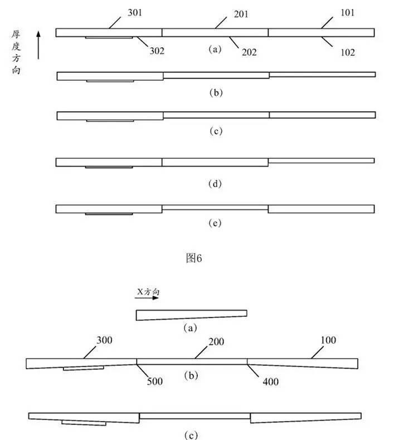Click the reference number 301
135,13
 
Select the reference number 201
241,14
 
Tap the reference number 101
348,13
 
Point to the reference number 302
157,51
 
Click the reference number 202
249,52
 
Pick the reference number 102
348,52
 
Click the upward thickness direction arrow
38,45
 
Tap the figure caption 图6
194,258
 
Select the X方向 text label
148,292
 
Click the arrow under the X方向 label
147,298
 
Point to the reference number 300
104,340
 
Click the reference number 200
216,342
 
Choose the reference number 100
328,340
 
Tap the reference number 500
155,381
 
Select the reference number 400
271,382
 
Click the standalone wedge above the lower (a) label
192,315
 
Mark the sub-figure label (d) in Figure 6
215,184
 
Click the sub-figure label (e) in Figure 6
215,223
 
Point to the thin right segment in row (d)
321,160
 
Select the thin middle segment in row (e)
215,207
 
